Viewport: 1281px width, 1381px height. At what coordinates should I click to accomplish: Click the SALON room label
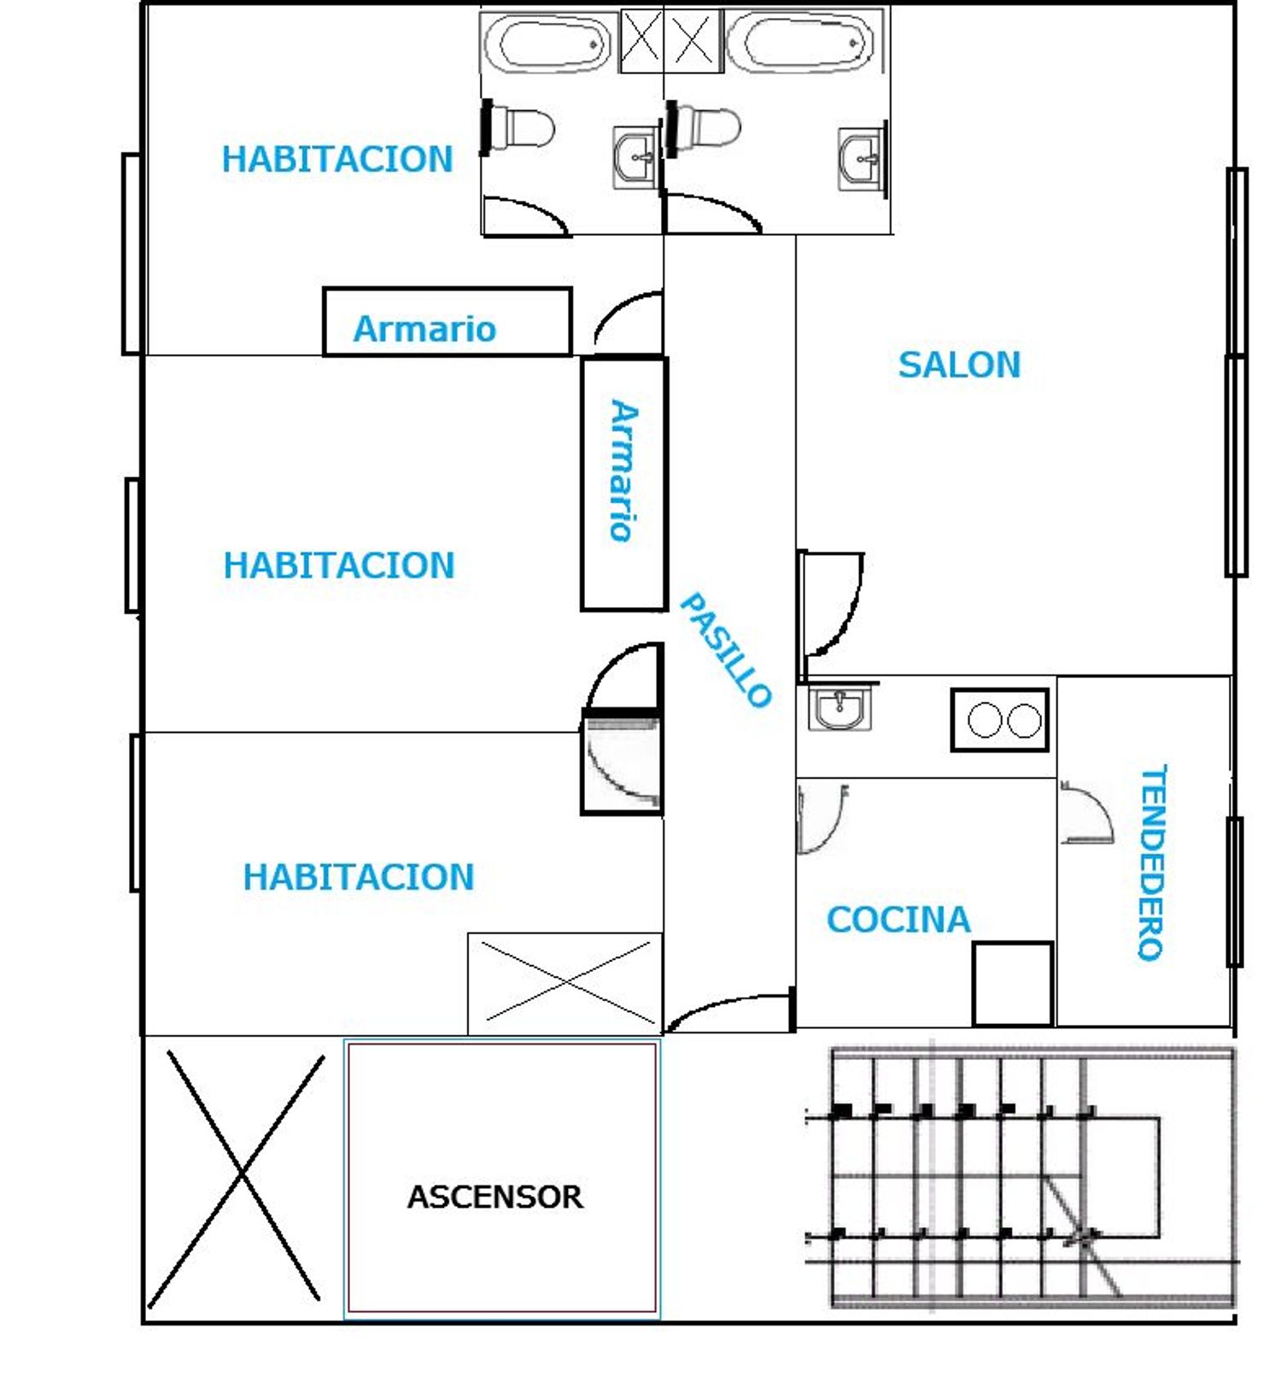pyautogui.click(x=959, y=365)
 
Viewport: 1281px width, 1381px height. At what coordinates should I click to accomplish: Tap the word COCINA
pyautogui.click(x=898, y=920)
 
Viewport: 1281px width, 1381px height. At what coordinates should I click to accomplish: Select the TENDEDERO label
pyautogui.click(x=1151, y=863)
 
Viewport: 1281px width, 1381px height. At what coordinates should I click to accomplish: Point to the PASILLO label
pyautogui.click(x=725, y=650)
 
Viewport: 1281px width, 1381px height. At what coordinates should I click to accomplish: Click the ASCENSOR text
pyautogui.click(x=495, y=1197)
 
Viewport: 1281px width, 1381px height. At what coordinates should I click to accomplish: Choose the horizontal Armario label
pyautogui.click(x=424, y=329)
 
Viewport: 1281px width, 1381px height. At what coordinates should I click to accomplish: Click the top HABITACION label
pyautogui.click(x=337, y=160)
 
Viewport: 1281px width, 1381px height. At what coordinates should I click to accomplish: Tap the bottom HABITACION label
pyautogui.click(x=359, y=877)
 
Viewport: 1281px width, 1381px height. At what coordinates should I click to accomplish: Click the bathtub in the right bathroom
pyautogui.click(x=800, y=42)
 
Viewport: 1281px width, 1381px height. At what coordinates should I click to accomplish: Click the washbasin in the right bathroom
pyautogui.click(x=862, y=159)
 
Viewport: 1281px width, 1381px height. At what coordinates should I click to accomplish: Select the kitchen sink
pyautogui.click(x=840, y=709)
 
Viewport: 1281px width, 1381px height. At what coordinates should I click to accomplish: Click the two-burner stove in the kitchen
pyautogui.click(x=1000, y=720)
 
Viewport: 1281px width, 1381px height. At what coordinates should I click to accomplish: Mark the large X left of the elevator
pyautogui.click(x=237, y=1179)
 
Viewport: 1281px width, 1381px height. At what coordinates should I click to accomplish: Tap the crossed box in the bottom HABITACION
pyautogui.click(x=565, y=982)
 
